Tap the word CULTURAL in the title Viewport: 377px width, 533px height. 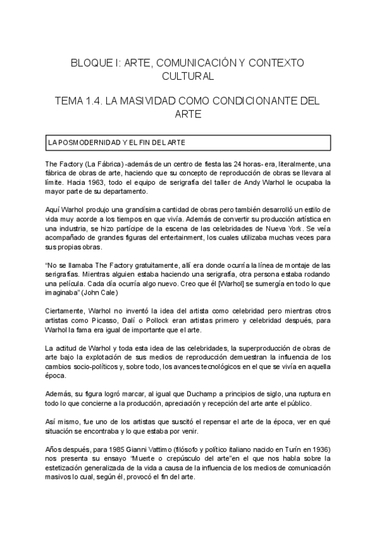pyautogui.click(x=188, y=77)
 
